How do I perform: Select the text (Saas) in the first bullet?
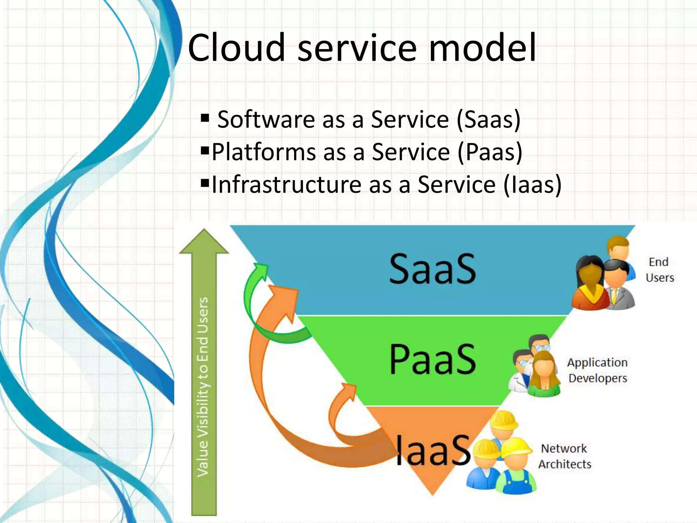(x=488, y=120)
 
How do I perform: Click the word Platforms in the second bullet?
(x=264, y=152)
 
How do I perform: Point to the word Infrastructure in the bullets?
(x=286, y=185)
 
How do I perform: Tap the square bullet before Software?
(x=205, y=118)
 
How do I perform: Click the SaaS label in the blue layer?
(x=432, y=269)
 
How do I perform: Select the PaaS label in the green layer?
(x=432, y=359)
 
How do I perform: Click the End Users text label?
(x=660, y=270)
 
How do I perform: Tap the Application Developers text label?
(x=597, y=370)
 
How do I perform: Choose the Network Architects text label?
(x=564, y=456)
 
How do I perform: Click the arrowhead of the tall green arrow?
(x=204, y=242)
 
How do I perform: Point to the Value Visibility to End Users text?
(x=203, y=386)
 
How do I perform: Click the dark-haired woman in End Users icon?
(x=589, y=283)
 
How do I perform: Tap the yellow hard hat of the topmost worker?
(x=504, y=421)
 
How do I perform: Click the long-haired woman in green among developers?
(x=544, y=375)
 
